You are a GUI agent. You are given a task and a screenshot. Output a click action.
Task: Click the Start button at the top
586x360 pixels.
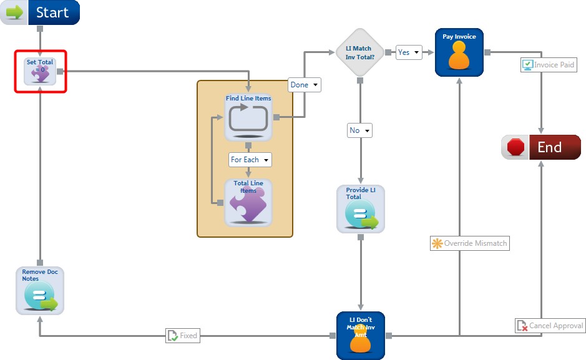tap(41, 12)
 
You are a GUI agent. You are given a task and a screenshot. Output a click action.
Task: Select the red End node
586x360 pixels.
tap(541, 147)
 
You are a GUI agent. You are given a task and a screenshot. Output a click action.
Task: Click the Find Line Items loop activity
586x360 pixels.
tap(248, 116)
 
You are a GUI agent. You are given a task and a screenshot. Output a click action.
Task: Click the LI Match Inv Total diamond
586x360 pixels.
tap(360, 52)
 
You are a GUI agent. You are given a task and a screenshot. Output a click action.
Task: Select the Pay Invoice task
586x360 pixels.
tap(459, 53)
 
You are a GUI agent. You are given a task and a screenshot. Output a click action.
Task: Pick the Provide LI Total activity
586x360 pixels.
tap(361, 209)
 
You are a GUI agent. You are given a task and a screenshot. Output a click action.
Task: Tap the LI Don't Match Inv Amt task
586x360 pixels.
tap(361, 336)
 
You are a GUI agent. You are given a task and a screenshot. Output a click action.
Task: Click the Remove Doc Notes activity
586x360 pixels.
tap(40, 290)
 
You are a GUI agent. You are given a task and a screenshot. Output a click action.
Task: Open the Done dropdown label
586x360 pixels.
tap(305, 85)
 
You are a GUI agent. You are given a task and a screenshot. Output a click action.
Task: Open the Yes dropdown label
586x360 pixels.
tap(409, 52)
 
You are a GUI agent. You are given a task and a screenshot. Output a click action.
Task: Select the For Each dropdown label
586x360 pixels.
tap(250, 160)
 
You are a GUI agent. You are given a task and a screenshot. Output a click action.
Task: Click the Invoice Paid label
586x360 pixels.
tap(548, 65)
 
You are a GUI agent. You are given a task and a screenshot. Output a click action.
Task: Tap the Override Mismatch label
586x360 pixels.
tap(470, 243)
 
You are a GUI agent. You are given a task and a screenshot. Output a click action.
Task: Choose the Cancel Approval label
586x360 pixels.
tap(550, 326)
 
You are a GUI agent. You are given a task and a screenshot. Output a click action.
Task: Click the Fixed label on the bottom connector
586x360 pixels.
tap(182, 336)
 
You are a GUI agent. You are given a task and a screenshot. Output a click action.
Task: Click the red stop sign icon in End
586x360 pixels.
tap(515, 147)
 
